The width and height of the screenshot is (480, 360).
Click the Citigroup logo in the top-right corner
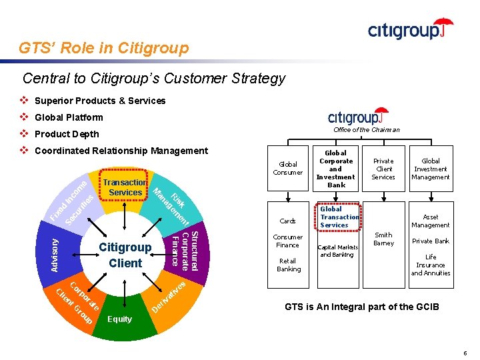[410, 29]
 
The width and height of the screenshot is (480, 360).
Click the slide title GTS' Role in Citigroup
[104, 48]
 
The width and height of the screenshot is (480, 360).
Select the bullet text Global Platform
[69, 117]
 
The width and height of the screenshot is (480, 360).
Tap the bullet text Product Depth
[67, 134]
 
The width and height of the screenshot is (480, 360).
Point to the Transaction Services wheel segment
[125, 187]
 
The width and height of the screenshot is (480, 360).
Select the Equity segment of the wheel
[120, 319]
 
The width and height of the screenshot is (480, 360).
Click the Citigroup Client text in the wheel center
[125, 255]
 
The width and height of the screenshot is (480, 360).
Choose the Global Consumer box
[288, 168]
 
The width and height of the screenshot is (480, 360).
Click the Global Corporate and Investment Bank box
[336, 168]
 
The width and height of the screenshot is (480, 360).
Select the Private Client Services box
[383, 169]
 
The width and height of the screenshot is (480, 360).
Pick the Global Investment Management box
[431, 169]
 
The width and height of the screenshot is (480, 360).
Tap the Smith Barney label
[383, 239]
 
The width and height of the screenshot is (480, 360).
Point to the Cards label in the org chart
[288, 221]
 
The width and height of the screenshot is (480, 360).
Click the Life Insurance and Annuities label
[431, 265]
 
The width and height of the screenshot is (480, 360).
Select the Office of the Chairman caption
[366, 130]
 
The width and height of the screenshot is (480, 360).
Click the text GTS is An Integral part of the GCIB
[362, 307]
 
